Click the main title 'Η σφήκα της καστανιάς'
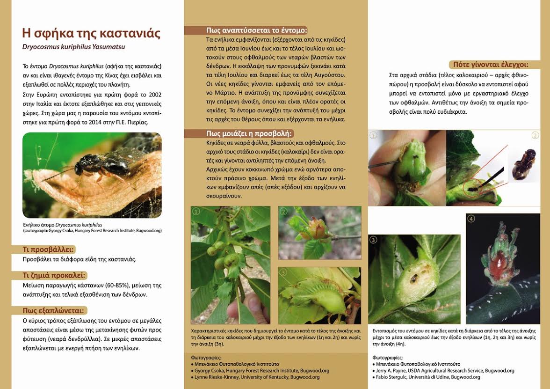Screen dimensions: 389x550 (x=91, y=33)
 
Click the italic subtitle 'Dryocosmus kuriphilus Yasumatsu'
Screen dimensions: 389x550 (x=73, y=47)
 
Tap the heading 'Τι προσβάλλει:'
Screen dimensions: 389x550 (x=49, y=250)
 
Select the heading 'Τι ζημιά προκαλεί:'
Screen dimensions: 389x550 (x=54, y=275)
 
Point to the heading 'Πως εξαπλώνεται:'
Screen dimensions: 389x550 (x=54, y=310)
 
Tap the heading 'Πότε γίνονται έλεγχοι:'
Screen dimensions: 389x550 (x=488, y=65)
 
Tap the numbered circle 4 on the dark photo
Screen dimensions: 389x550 (x=471, y=219)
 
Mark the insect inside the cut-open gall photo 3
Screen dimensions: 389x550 (x=414, y=279)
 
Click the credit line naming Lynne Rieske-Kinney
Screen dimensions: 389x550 (x=257, y=377)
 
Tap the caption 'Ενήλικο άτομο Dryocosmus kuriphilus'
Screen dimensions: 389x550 (x=62, y=225)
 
